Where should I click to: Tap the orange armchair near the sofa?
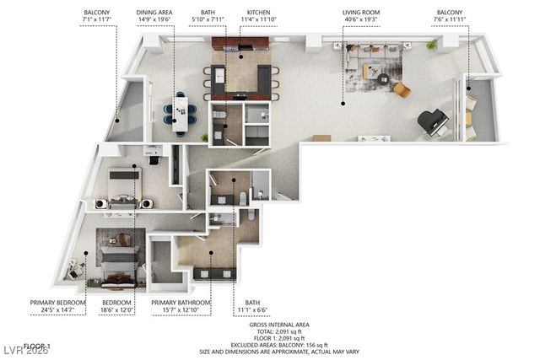coord(402,89)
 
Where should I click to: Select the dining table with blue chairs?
coord(180,113)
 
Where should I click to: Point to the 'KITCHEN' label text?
coord(255,13)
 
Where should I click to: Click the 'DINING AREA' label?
coord(155,13)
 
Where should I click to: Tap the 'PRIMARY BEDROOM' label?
coord(57,303)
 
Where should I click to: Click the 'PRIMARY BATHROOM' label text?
coord(181,303)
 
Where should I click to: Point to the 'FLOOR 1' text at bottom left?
coord(37,346)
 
